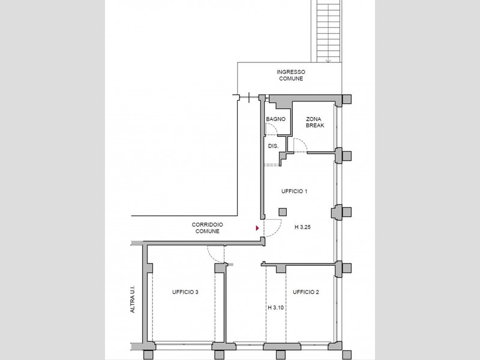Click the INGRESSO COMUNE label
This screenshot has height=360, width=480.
(x=291, y=76)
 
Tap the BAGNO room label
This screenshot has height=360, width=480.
(x=275, y=119)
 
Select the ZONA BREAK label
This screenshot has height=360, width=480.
(x=314, y=122)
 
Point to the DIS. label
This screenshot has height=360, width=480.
(x=274, y=146)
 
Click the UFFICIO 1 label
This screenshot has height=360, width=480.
(x=294, y=191)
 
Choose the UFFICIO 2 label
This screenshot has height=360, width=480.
(x=306, y=292)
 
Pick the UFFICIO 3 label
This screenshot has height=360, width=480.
(x=185, y=292)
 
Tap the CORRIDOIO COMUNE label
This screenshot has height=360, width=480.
(x=207, y=228)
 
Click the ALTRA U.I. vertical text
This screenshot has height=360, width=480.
(x=133, y=299)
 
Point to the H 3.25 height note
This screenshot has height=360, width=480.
(x=303, y=227)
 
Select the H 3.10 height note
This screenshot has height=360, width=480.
(x=276, y=308)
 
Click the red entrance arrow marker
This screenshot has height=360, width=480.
(x=257, y=228)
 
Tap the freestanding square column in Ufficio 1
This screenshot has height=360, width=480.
(x=283, y=212)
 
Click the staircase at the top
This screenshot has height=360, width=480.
(x=329, y=31)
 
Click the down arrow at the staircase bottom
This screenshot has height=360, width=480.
(x=329, y=61)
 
